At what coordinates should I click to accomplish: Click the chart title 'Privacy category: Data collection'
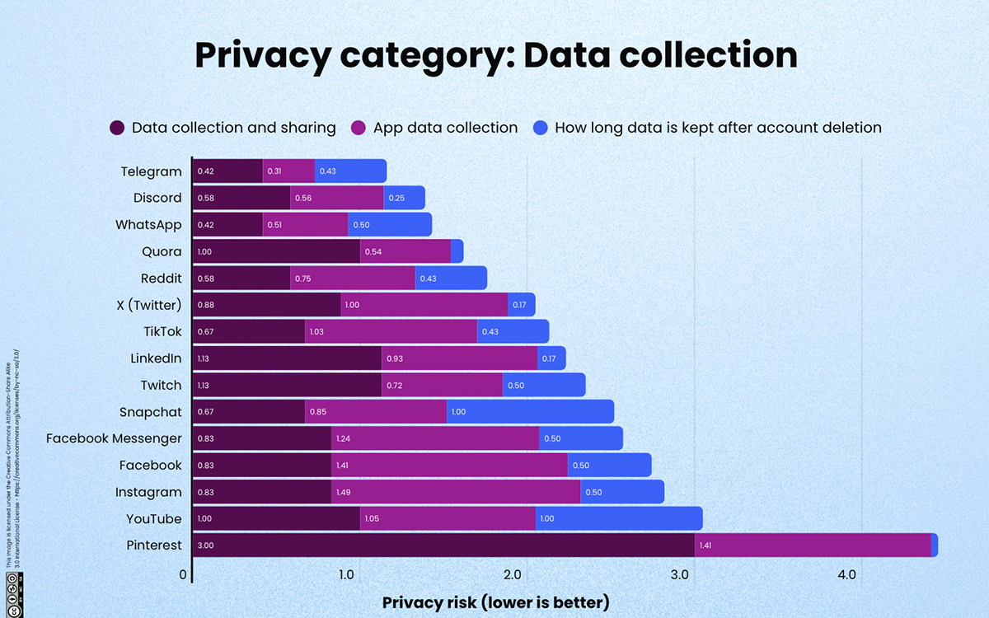pyautogui.click(x=495, y=55)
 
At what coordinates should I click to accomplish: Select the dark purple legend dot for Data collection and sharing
pyautogui.click(x=117, y=128)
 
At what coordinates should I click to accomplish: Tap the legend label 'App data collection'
pyautogui.click(x=445, y=128)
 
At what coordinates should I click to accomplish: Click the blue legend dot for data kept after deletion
pyautogui.click(x=540, y=128)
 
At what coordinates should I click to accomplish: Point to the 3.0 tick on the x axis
pyautogui.click(x=680, y=574)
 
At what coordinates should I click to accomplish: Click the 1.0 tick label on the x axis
pyautogui.click(x=346, y=574)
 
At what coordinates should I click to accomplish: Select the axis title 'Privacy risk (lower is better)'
pyautogui.click(x=495, y=602)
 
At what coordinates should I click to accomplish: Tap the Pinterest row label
pyautogui.click(x=154, y=545)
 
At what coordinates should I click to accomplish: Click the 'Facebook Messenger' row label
pyautogui.click(x=114, y=438)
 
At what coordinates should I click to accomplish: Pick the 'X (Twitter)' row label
pyautogui.click(x=149, y=305)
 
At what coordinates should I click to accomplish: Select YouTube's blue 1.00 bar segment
pyautogui.click(x=618, y=518)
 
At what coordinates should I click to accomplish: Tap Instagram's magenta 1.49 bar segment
pyautogui.click(x=455, y=492)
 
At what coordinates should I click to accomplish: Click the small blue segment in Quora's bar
pyautogui.click(x=457, y=251)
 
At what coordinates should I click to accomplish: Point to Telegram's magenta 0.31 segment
pyautogui.click(x=288, y=171)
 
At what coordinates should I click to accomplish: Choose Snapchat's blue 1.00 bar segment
pyautogui.click(x=530, y=412)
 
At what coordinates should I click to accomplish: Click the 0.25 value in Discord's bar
pyautogui.click(x=396, y=198)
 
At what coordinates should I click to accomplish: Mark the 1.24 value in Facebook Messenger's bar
pyautogui.click(x=344, y=438)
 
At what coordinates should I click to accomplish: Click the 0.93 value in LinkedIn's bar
pyautogui.click(x=396, y=358)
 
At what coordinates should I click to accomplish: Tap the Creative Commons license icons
pyautogui.click(x=12, y=593)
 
